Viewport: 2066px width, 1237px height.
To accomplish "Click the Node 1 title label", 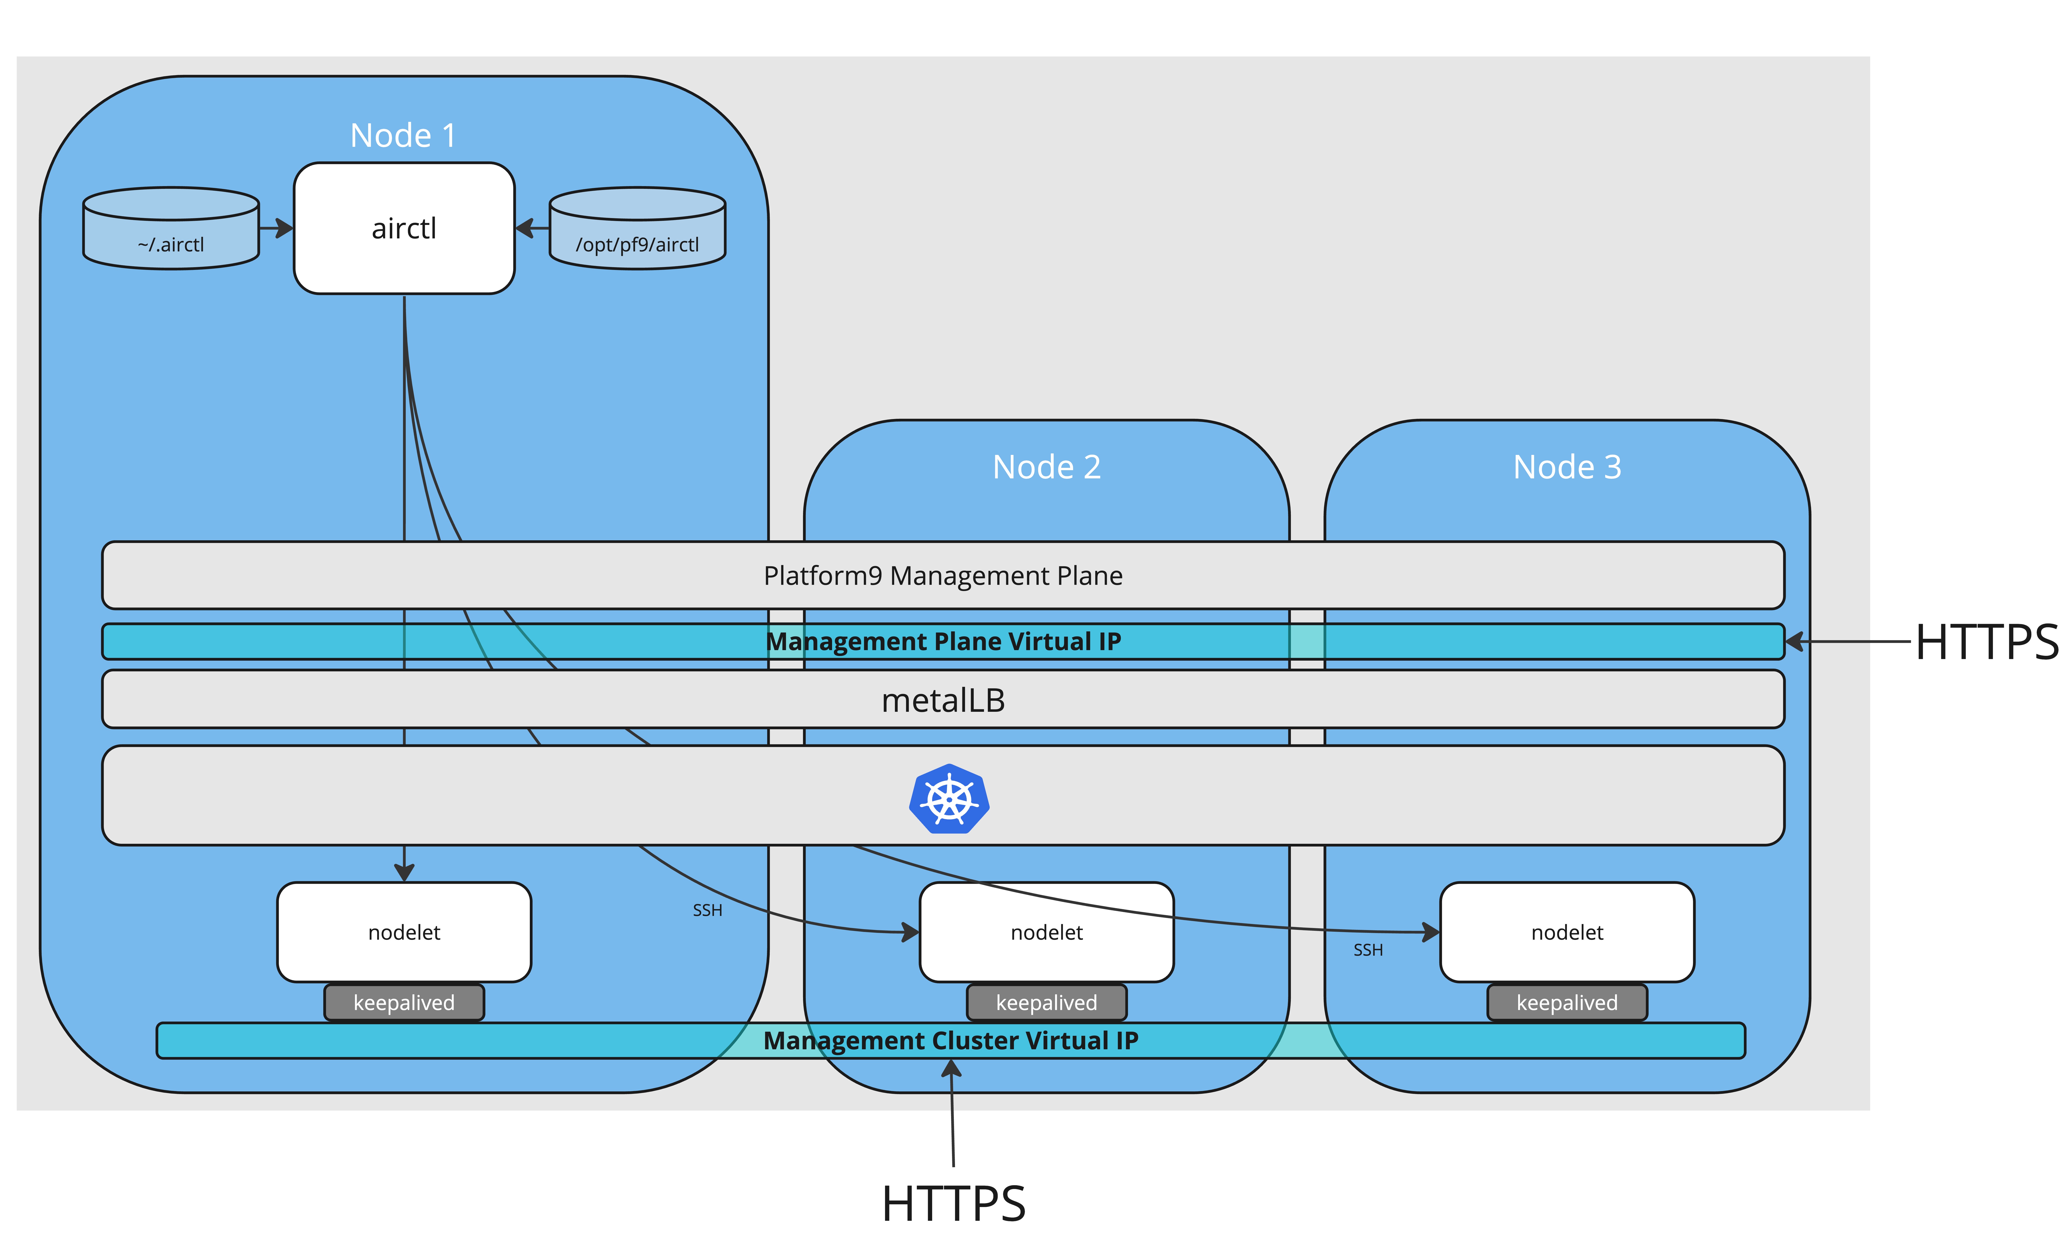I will pos(403,135).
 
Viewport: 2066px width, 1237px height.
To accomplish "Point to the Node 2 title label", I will pos(1046,467).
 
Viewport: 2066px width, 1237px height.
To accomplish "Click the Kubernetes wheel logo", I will pos(949,799).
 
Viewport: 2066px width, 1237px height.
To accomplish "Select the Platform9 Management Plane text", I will pos(943,575).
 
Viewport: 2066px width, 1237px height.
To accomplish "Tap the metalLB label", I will pos(943,700).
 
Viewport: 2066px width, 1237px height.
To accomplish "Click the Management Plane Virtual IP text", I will pos(943,641).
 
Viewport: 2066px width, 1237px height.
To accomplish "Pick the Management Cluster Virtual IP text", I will pos(950,1040).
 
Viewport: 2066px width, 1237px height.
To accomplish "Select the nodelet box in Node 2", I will pos(1046,932).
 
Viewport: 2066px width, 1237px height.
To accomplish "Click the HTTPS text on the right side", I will pos(1987,642).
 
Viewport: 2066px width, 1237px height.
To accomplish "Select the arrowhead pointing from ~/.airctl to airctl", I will pos(284,228).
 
